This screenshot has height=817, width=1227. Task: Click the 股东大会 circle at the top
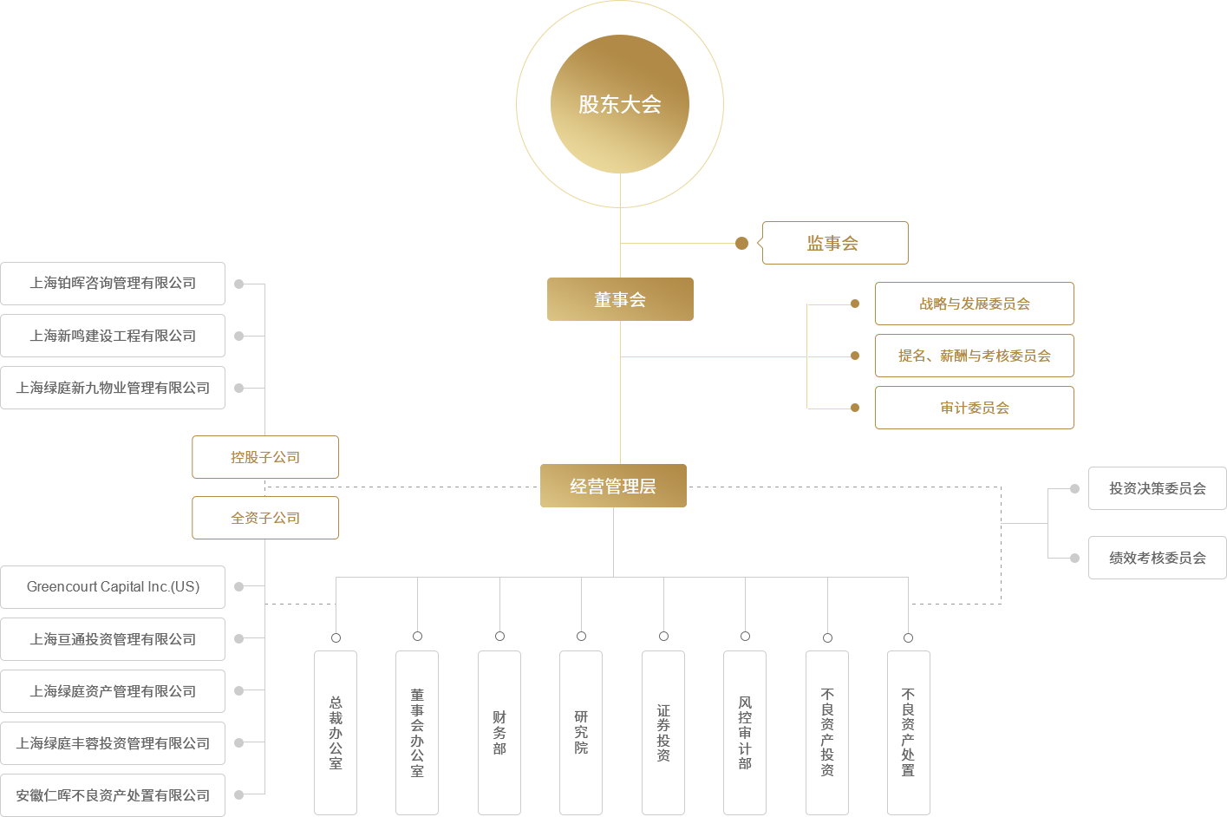coord(619,104)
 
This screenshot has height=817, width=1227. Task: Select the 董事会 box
coord(620,299)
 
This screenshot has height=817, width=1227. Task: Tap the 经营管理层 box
coord(613,486)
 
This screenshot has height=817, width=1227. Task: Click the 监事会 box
coord(832,243)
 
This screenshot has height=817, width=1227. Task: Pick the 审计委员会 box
coord(974,408)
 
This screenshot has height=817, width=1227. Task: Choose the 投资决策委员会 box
coord(1156,488)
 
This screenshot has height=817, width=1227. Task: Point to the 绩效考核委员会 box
coord(1156,558)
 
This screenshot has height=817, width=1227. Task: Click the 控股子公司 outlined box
coord(265,457)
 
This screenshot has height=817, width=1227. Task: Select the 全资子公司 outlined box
coord(265,518)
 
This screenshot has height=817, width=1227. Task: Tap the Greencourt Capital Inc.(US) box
coord(113,587)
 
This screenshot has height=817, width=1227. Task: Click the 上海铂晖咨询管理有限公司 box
coord(113,283)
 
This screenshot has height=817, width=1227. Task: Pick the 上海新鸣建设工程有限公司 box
coord(113,336)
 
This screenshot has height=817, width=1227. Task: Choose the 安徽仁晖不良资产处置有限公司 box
coord(113,795)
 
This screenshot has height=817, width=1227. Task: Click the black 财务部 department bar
coord(499,732)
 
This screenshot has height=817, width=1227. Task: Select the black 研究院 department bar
coord(581,732)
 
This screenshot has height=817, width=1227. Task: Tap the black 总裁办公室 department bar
coord(335,732)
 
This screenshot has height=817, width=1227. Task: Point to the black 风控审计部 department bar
coord(744,732)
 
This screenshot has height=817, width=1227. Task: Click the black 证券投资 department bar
coord(662,732)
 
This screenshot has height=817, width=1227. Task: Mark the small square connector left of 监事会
coord(741,243)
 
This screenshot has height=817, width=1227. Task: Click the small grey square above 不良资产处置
coord(908,637)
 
